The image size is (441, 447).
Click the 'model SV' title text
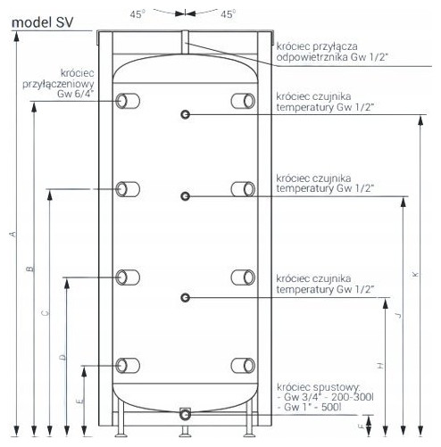(42, 22)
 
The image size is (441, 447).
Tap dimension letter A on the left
(12, 234)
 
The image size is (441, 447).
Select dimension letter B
(30, 269)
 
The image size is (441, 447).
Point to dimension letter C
(46, 313)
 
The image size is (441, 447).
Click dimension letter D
(62, 357)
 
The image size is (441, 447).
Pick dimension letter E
(80, 401)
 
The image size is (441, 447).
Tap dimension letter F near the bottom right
(362, 426)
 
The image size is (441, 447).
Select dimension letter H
(380, 366)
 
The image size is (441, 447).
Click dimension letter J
(398, 315)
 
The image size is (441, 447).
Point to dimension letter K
(416, 274)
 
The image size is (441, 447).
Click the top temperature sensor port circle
(186, 114)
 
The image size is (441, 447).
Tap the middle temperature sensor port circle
(186, 196)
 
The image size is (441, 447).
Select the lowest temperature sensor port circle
(186, 298)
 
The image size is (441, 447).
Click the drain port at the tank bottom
(185, 414)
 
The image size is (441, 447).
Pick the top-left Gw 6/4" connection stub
(128, 101)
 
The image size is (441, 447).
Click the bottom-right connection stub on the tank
(243, 366)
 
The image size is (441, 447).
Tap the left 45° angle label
(137, 14)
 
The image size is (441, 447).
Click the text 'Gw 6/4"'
(76, 94)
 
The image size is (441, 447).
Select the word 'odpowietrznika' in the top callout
(312, 57)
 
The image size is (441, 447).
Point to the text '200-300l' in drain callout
(353, 397)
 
